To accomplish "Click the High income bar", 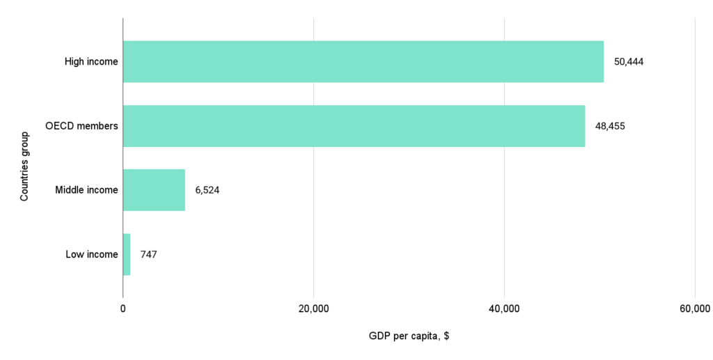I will click(x=363, y=61).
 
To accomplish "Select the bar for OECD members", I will click(x=354, y=126).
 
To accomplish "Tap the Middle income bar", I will click(x=154, y=190).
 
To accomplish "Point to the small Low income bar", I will click(x=127, y=254).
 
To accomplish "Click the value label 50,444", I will click(x=628, y=61).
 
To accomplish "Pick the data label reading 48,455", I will click(x=610, y=126).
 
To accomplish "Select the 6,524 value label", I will click(x=207, y=190).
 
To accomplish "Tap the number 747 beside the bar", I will click(x=148, y=254).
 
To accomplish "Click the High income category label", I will click(x=91, y=61).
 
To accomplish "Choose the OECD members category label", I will click(x=81, y=126).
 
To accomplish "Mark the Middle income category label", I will click(x=86, y=190).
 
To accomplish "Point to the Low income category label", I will click(x=92, y=254).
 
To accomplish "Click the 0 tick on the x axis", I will click(x=123, y=309).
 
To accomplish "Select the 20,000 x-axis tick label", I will click(x=313, y=309).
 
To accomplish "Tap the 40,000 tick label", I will click(x=504, y=309).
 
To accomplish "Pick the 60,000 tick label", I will click(x=694, y=309).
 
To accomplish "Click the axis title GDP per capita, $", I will click(x=409, y=336).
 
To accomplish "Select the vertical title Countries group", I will click(x=24, y=166).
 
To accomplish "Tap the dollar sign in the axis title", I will click(x=446, y=336).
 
